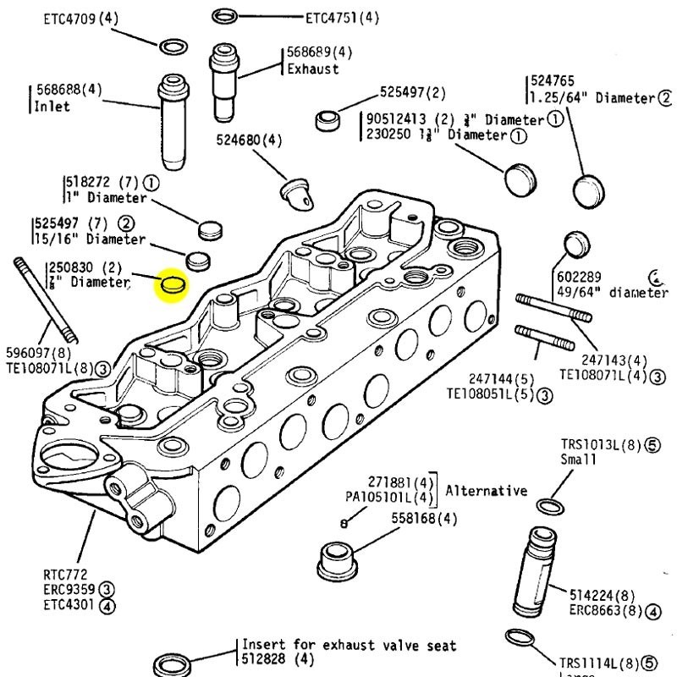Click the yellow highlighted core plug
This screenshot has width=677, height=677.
point(173,285)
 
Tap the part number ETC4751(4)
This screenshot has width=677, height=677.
point(342,17)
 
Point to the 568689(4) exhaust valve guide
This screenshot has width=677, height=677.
point(226,80)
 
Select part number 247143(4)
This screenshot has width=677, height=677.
point(603,361)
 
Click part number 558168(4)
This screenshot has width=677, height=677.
point(424,518)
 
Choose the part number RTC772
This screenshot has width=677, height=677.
point(64,574)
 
